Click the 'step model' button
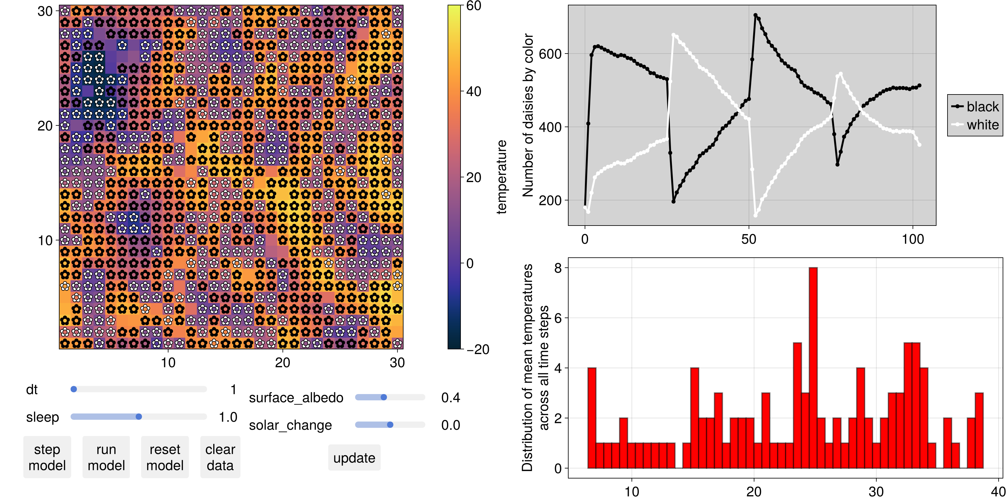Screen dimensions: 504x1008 [x=47, y=457]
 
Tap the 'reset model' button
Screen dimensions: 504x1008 [x=165, y=457]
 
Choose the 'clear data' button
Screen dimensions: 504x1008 [x=220, y=457]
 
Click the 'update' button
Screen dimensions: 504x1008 [x=354, y=457]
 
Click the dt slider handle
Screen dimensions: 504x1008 [x=74, y=389]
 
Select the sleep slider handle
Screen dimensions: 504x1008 [x=139, y=416]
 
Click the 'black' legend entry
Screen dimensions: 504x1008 [x=975, y=106]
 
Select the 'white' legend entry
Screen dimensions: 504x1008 [x=975, y=125]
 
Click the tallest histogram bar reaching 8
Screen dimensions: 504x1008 [x=813, y=368]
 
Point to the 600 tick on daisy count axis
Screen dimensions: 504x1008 [x=550, y=54]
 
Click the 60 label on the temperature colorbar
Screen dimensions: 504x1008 [x=473, y=6]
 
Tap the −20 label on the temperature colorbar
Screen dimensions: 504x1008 [x=478, y=349]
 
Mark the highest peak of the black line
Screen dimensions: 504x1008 [x=755, y=15]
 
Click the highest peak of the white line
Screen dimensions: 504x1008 [x=673, y=35]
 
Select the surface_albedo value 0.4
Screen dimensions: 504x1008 [x=450, y=398]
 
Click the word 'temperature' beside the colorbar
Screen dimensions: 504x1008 [x=501, y=177]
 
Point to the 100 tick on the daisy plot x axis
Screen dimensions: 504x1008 [x=913, y=239]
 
